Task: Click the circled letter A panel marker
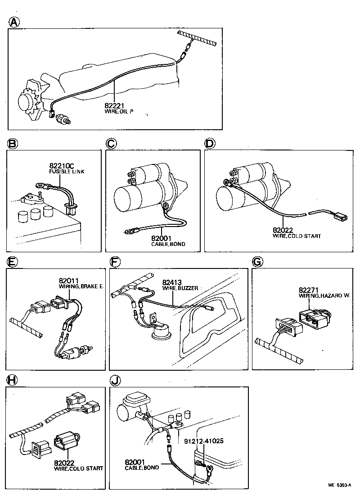coord(14,22)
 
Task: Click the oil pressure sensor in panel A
coord(63,118)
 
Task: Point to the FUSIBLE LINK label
coord(67,172)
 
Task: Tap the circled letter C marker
coord(111,144)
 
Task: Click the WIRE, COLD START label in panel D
coord(297,236)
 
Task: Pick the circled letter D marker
coord(210,144)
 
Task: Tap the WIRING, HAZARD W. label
coord(324,296)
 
